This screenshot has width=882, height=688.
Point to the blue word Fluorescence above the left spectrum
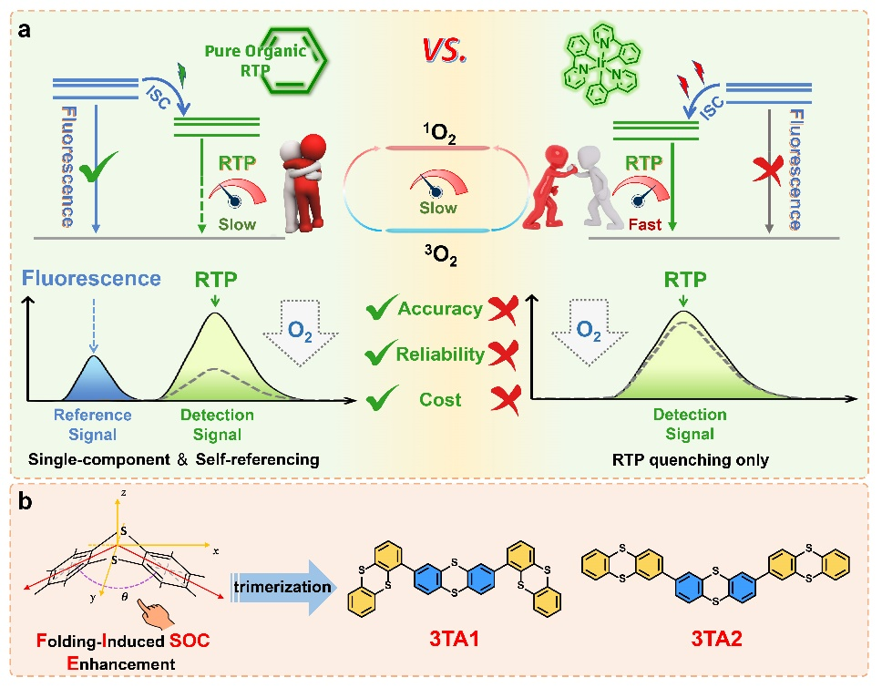point(93,279)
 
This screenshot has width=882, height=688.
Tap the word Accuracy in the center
point(440,309)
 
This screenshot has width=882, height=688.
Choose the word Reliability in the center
point(440,354)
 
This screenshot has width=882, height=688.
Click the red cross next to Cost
point(501,400)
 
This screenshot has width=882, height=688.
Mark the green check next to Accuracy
point(379,310)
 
